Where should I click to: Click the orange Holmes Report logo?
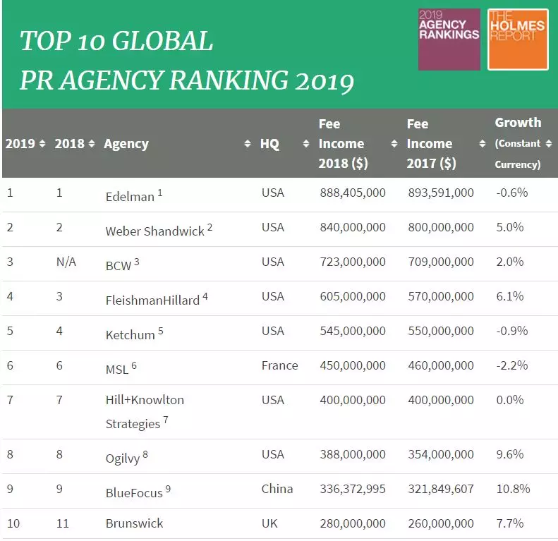518,39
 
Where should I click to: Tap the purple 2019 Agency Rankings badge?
449,39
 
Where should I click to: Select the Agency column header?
126,144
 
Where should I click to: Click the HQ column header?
269,144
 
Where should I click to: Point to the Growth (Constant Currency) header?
518,143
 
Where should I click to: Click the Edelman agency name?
130,197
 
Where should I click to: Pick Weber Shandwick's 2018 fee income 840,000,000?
352,227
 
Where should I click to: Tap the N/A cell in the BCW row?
66,262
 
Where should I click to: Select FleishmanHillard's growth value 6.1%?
509,296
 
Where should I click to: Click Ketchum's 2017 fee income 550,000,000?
441,331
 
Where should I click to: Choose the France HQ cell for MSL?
279,365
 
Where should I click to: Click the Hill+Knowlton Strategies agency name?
144,412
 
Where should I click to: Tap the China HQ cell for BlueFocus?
277,489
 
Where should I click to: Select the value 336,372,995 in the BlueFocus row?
352,489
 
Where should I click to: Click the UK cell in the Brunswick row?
269,523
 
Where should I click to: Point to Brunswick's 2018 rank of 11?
62,523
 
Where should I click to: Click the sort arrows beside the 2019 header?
42,144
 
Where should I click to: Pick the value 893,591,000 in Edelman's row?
441,193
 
